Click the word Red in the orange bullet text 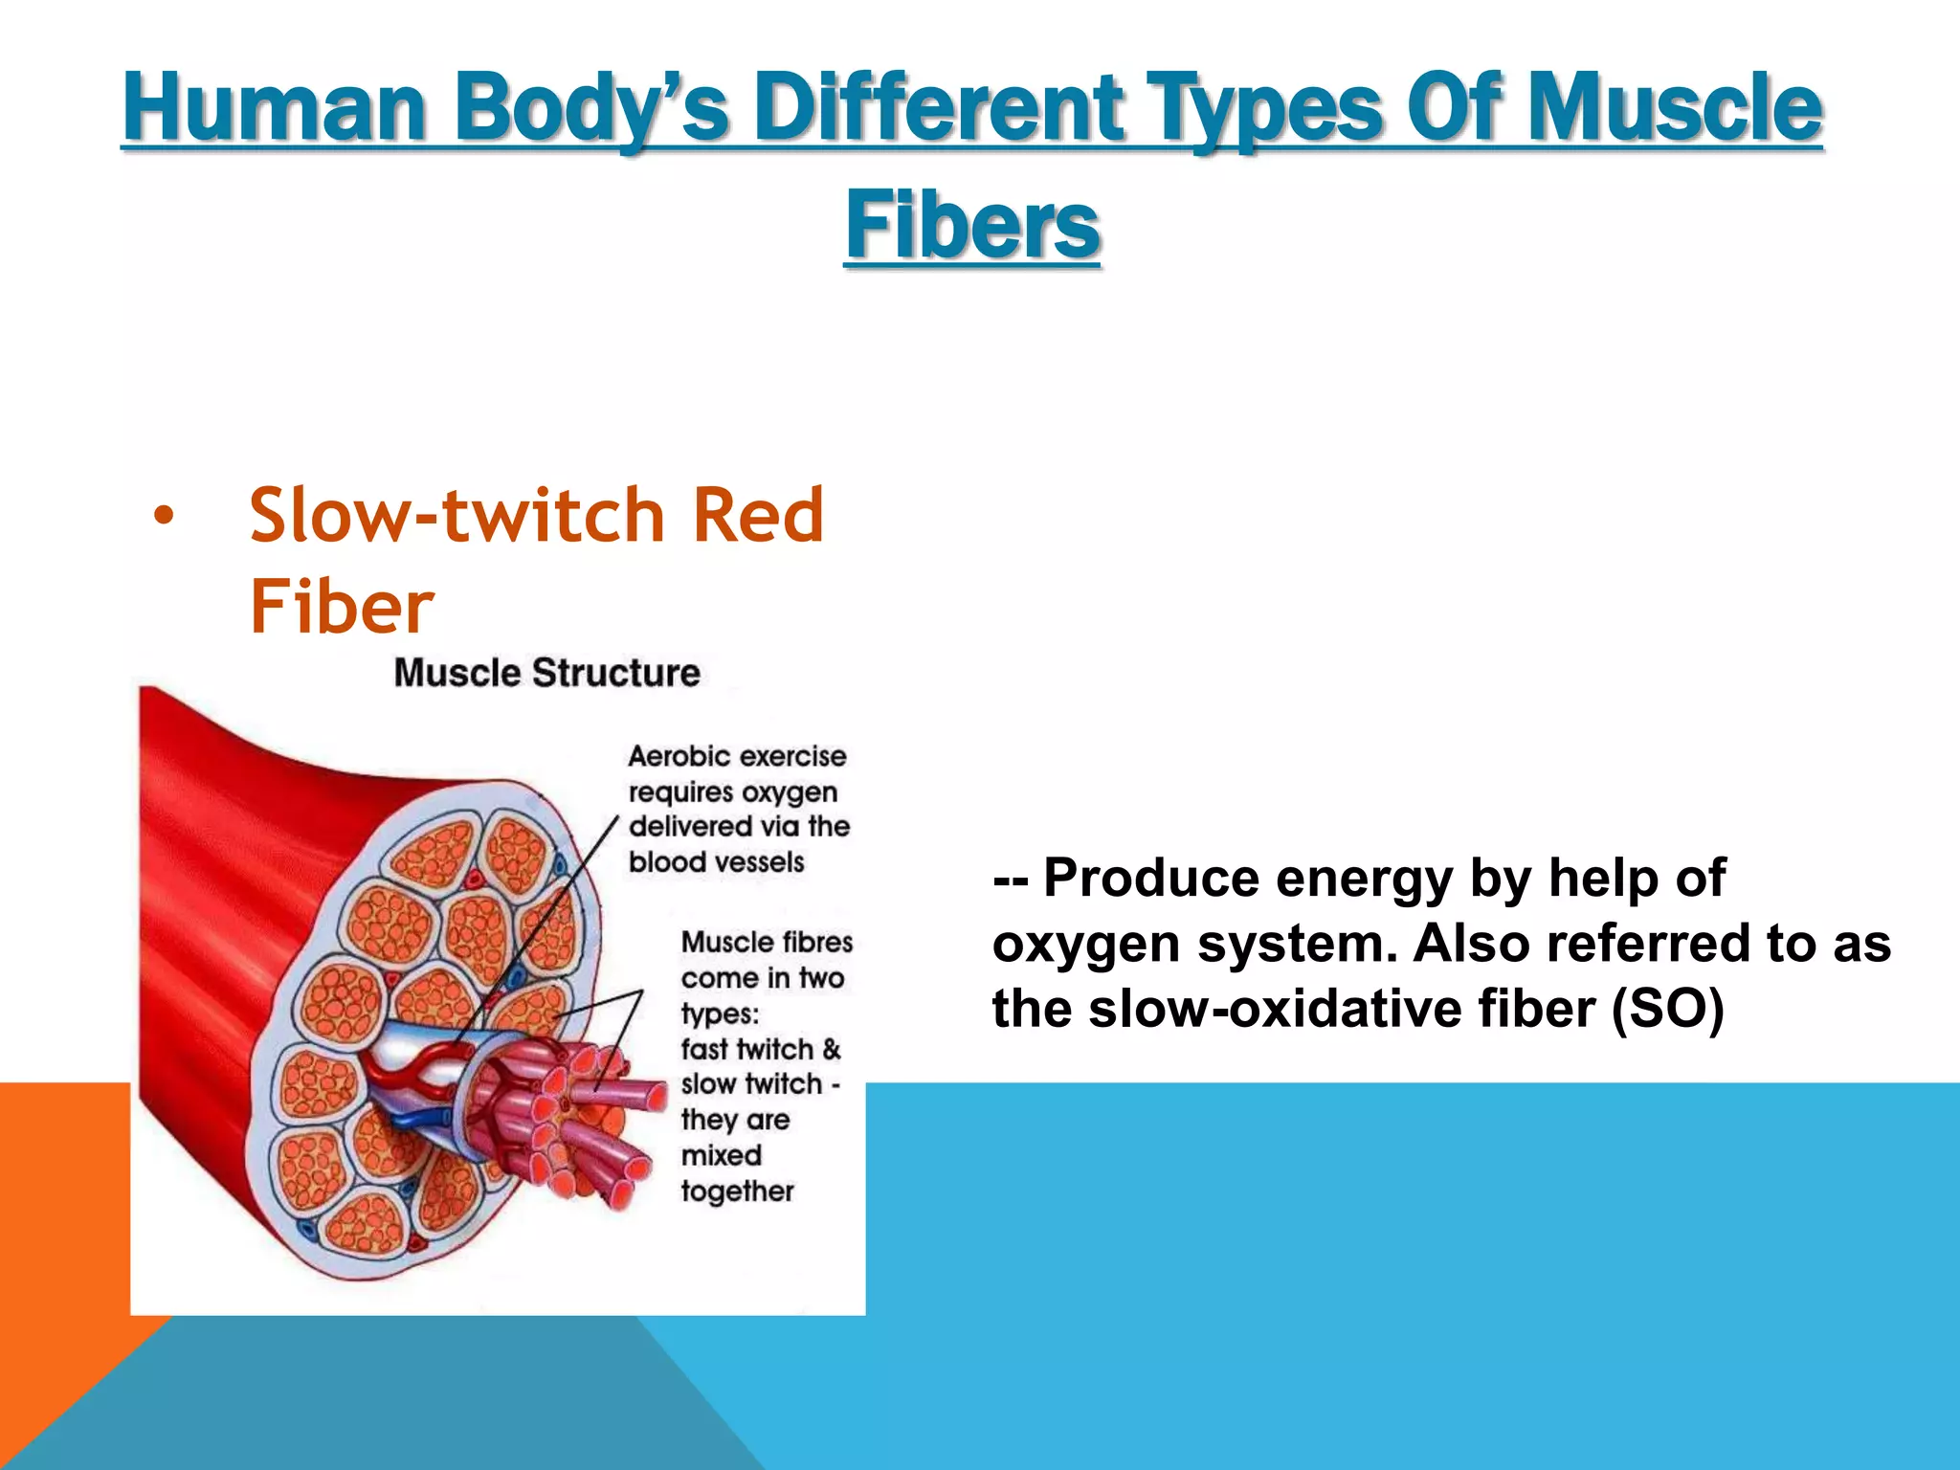pos(757,515)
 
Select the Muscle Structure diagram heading pos(546,673)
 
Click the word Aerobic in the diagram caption pos(679,756)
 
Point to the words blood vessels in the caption pos(716,861)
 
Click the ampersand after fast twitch pos(831,1049)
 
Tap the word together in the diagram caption pos(737,1191)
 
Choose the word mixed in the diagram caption pos(721,1155)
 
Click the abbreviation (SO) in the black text pos(1668,1009)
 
